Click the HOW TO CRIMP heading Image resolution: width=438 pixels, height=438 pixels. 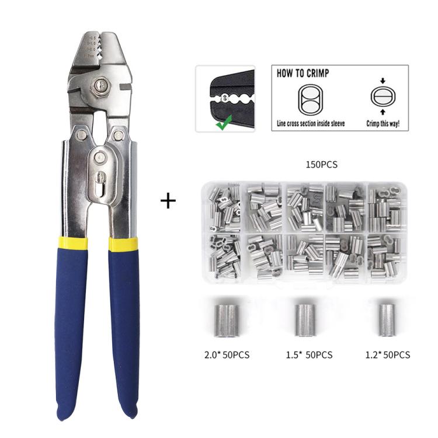pyautogui.click(x=303, y=74)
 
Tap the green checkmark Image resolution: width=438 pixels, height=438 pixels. pyautogui.click(x=223, y=121)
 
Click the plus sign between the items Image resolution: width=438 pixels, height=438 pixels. pyautogui.click(x=168, y=201)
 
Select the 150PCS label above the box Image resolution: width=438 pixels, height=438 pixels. pyautogui.click(x=321, y=165)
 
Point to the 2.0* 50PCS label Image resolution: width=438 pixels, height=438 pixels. pyautogui.click(x=226, y=355)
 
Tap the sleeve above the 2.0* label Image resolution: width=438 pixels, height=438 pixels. pyautogui.click(x=226, y=320)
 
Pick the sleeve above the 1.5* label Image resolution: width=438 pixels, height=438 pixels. pyautogui.click(x=304, y=320)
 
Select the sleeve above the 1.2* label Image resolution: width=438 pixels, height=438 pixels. pyautogui.click(x=384, y=319)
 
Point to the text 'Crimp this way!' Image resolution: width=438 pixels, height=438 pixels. pyautogui.click(x=383, y=124)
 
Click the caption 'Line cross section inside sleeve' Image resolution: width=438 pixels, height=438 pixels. pyautogui.click(x=311, y=124)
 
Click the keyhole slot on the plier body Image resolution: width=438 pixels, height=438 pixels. pyautogui.click(x=100, y=182)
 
